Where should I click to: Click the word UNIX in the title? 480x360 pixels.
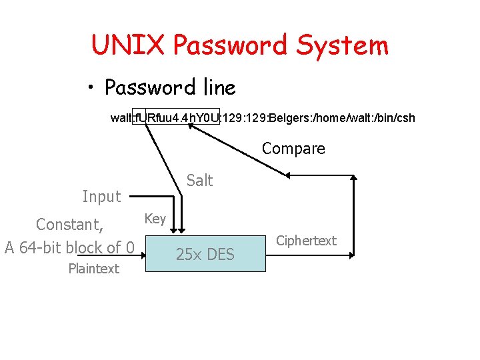pos(127,45)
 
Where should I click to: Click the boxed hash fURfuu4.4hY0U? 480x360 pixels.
pos(177,118)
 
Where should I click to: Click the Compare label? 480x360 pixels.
pos(293,149)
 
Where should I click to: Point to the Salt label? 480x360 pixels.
pos(199,180)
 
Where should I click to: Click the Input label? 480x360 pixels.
pos(101,196)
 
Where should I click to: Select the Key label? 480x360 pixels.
pos(155,218)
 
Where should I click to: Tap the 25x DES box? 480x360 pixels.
pos(205,254)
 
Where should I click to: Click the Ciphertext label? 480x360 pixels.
pos(306,241)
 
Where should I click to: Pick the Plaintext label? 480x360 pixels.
pos(93,269)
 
